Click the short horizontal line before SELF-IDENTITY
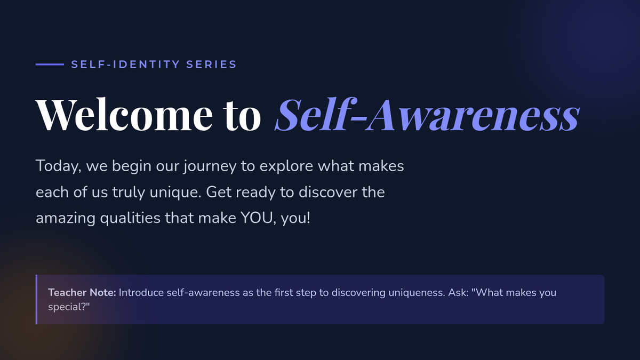pos(50,65)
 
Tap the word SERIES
pos(211,65)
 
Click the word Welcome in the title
pos(124,114)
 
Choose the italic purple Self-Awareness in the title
pos(427,114)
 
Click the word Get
pos(219,192)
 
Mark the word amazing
pos(66,219)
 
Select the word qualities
pos(130,219)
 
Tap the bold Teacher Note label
pos(82,293)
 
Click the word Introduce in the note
pos(141,293)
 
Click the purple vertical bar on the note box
pos(36,299)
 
